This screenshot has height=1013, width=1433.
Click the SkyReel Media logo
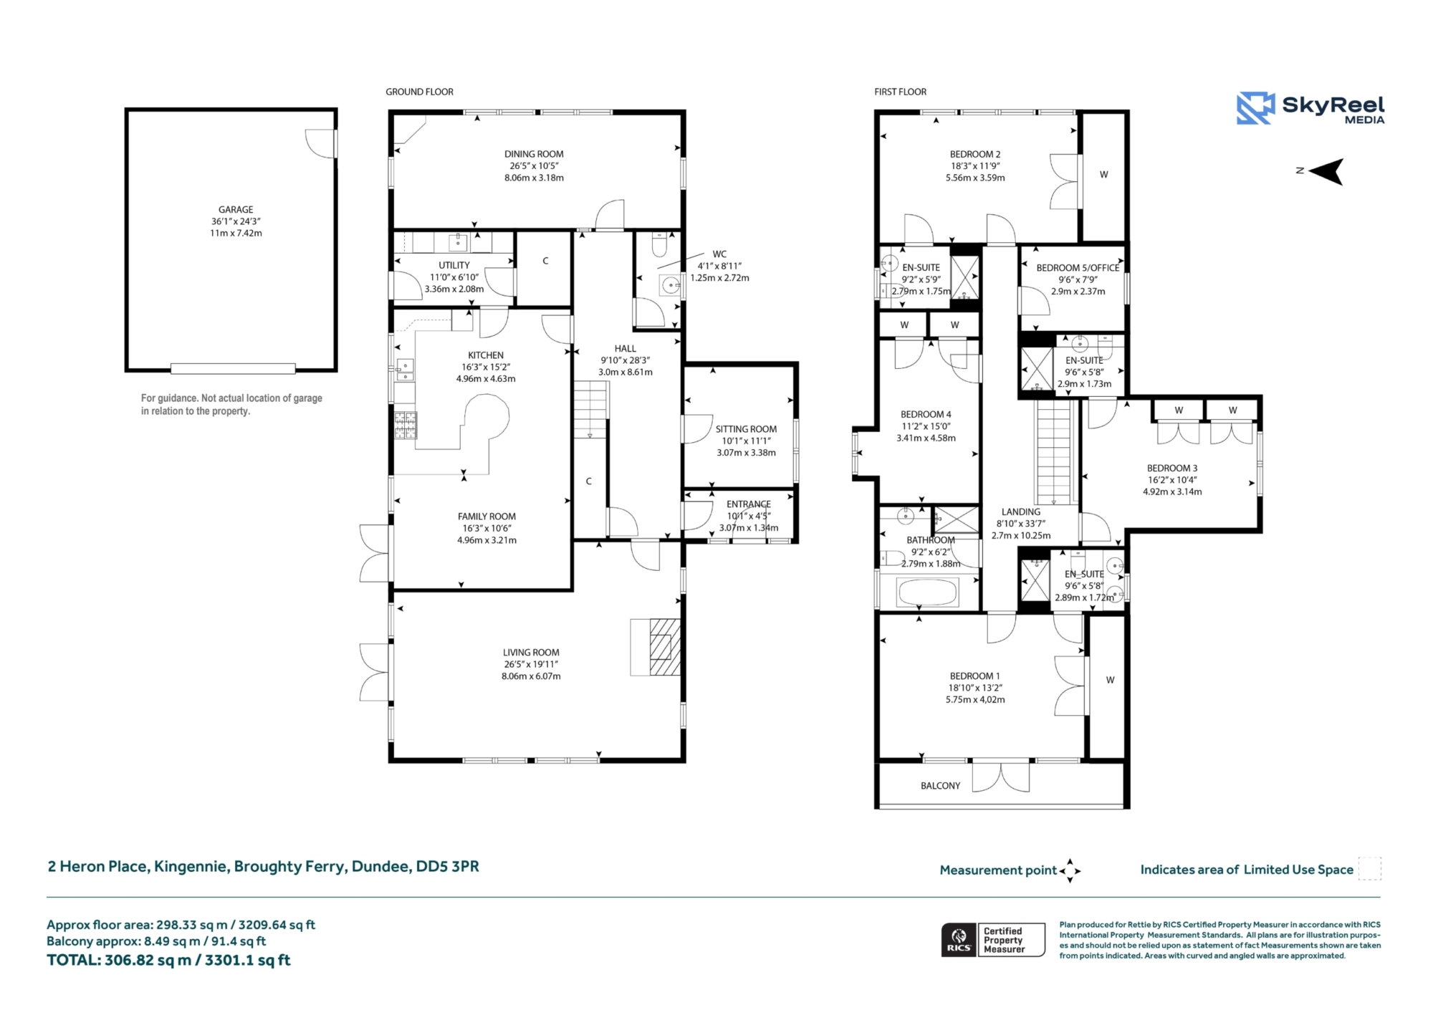(1310, 108)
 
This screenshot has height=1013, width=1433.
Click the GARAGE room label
(236, 210)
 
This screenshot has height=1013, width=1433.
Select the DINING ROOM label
(534, 154)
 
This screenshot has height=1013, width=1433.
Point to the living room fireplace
(656, 648)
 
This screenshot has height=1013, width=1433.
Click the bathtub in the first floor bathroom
(927, 593)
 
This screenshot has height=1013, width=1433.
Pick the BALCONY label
(940, 786)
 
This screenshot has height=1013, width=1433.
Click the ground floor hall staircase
(590, 410)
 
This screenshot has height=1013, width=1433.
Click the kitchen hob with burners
(406, 426)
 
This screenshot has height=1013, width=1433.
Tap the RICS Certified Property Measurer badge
(993, 940)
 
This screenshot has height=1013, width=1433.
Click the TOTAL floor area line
(168, 960)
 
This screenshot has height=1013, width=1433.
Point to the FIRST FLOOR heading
(900, 92)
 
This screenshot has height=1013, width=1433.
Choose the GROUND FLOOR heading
(419, 92)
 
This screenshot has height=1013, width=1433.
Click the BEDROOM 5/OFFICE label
(1078, 268)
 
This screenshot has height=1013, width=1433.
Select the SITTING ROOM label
(746, 429)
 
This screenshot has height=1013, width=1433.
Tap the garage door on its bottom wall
(233, 369)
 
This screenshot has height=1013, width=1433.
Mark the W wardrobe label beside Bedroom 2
(1103, 175)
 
